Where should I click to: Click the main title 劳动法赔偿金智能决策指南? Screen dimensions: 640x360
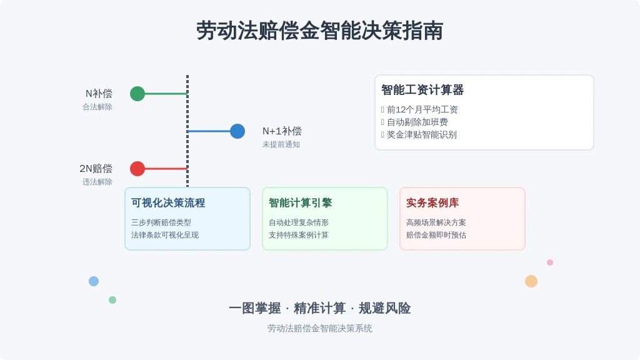coord(319,31)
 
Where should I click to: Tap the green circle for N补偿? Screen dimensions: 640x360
coord(137,94)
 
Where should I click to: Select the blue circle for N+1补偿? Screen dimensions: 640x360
coord(237,131)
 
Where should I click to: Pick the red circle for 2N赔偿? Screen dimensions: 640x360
coord(137,169)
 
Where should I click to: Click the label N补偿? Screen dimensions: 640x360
coord(99,94)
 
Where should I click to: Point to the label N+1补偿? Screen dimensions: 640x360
coord(282,131)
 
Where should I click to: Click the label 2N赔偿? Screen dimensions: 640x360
coord(96,169)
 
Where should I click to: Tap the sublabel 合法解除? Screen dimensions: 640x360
coord(97,107)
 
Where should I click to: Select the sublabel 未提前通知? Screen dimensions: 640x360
coord(281,144)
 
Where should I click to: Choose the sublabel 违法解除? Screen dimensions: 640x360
coord(97,182)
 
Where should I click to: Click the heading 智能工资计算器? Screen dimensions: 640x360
coord(422,90)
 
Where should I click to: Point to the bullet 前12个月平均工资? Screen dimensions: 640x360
coord(422,109)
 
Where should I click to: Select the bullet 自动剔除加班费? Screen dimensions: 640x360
coord(417,122)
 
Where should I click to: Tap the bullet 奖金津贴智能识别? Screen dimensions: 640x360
coord(422,135)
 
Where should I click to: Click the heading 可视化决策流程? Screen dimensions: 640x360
coord(168,203)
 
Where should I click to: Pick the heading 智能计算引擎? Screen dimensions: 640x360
coord(301,203)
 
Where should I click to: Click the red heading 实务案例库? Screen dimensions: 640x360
coord(432,203)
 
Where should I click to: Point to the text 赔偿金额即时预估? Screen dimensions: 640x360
coord(436,235)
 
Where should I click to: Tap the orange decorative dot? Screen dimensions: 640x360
coord(531,281)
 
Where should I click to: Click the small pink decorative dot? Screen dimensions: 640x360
coord(550,262)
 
